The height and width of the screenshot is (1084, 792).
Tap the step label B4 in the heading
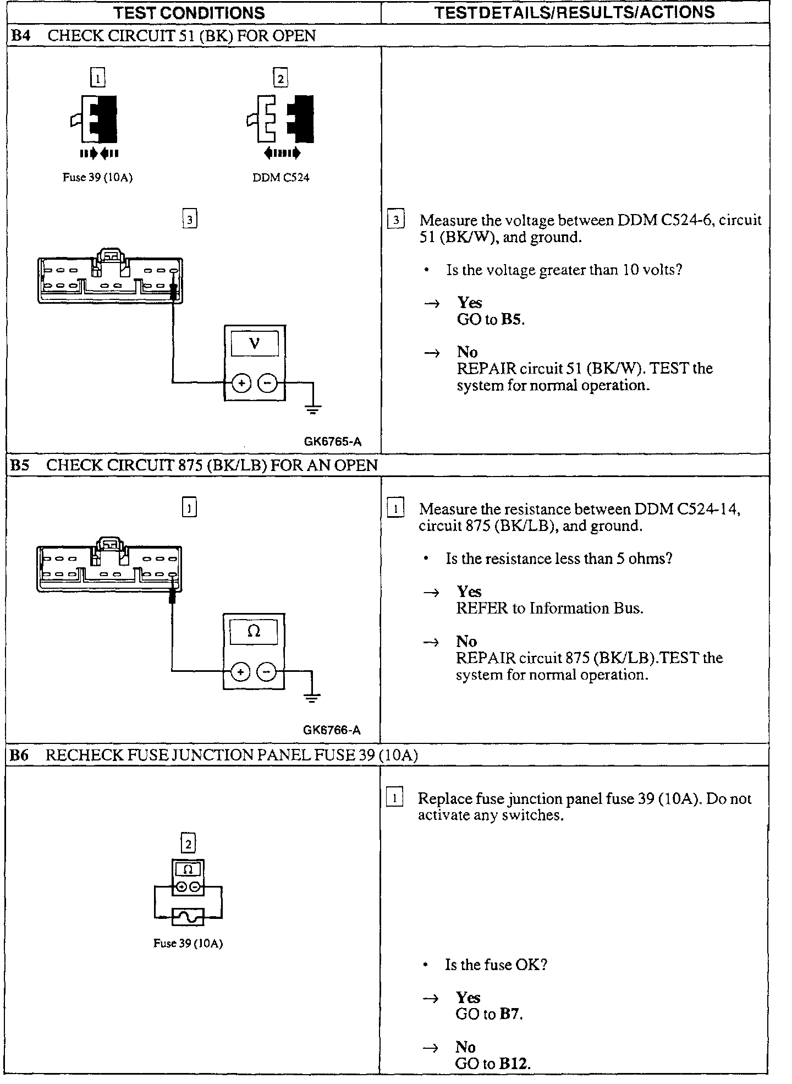coord(21,36)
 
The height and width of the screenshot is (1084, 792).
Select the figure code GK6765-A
coord(332,442)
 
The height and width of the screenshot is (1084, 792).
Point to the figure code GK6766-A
coord(332,730)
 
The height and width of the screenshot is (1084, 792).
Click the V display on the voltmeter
coord(254,344)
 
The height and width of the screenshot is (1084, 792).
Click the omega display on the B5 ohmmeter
coord(254,632)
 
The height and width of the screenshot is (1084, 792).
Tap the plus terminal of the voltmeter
coord(241,383)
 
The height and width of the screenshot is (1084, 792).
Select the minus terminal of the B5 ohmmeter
coord(267,671)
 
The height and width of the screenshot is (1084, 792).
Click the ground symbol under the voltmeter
coord(313,409)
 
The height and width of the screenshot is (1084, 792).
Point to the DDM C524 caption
coord(280,178)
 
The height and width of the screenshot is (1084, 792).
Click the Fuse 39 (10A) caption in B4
coord(97,178)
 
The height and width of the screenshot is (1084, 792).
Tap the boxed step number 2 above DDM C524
coord(280,79)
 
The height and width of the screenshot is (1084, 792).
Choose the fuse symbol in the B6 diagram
coord(188,917)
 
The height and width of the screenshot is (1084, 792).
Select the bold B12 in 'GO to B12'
coord(514,1064)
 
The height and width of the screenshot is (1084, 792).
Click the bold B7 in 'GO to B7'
coord(510,1014)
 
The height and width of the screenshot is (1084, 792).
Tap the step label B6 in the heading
coord(19,755)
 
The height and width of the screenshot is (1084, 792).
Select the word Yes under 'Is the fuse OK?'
coord(468,997)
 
